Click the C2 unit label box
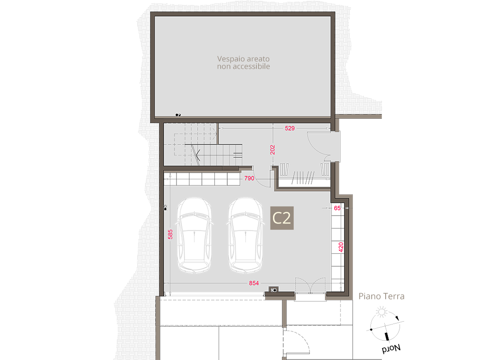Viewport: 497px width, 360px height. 282,218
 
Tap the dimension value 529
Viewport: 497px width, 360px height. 290,128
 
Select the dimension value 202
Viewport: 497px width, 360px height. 273,150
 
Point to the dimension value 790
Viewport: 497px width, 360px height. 249,178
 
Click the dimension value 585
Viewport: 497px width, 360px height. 170,234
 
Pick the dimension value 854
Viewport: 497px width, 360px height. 254,283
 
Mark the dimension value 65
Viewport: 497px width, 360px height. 337,208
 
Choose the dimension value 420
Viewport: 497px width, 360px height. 341,247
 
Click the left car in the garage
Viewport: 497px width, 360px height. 194,235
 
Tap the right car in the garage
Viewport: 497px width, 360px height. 246,235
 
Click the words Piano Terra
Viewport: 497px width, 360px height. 382,296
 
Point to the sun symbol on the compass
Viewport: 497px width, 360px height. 382,312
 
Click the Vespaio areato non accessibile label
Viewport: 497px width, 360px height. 243,63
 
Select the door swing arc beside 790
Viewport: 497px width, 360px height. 261,184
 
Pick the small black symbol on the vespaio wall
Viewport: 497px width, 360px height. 178,115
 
